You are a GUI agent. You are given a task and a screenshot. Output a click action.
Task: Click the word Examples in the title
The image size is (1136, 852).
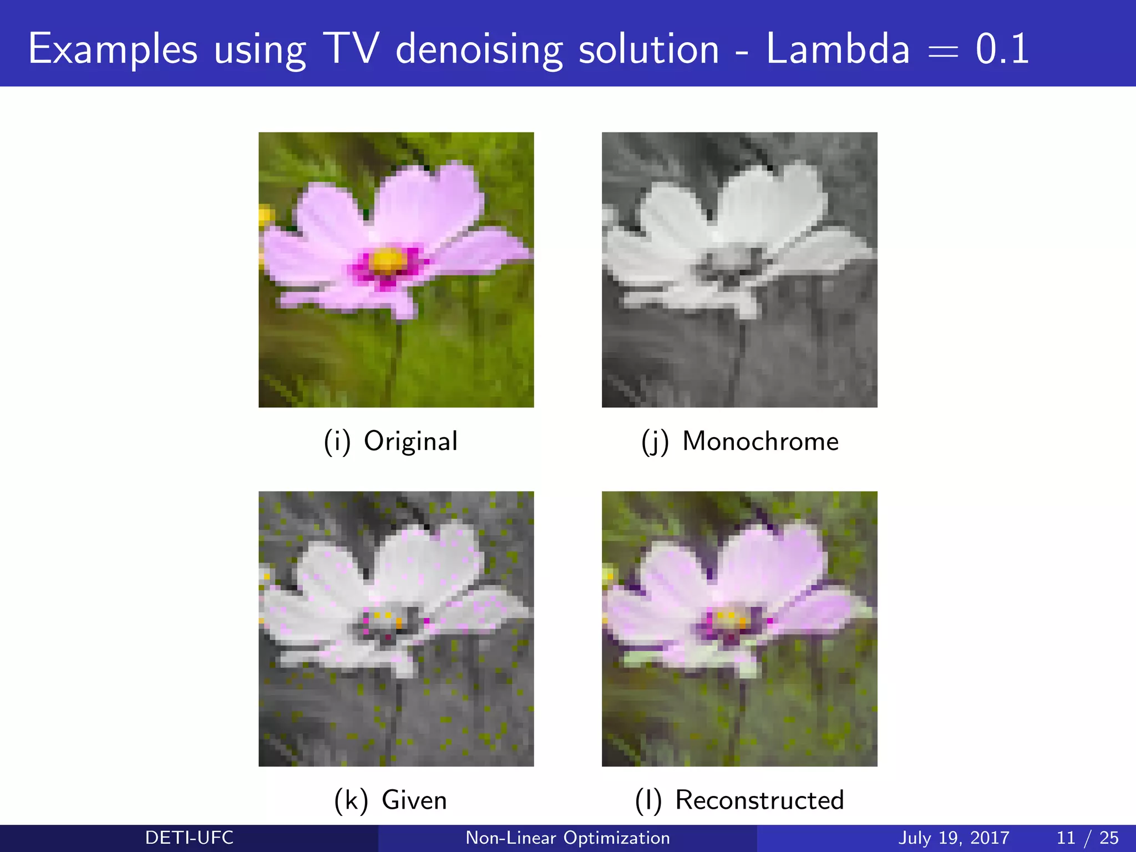coord(113,49)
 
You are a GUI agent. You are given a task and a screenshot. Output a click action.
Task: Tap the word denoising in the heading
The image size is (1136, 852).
coord(479,49)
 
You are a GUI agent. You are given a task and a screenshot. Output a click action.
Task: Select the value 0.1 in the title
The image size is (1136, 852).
coord(1002,49)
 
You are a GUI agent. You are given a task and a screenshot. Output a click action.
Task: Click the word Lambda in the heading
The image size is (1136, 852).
coord(838,49)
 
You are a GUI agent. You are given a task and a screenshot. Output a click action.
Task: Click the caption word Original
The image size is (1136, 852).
coord(410,442)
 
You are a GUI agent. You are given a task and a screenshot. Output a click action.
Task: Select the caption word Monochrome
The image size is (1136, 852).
coord(760,442)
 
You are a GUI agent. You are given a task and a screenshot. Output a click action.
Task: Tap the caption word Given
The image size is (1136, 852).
coord(414,800)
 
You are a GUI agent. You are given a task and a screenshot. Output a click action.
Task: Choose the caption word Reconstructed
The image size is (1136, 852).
coord(759,800)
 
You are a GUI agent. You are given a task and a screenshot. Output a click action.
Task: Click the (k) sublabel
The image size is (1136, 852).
coord(351,800)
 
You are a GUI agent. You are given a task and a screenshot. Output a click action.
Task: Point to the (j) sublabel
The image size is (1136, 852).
coord(655,442)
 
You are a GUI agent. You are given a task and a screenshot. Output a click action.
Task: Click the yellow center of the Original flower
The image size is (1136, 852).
coord(387,261)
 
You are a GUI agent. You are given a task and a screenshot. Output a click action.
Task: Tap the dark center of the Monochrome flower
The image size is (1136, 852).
coord(731,261)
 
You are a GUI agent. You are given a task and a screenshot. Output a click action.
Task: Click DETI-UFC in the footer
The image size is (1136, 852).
coord(189,838)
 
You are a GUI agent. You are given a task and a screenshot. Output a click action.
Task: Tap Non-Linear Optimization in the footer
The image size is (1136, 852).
coord(567,838)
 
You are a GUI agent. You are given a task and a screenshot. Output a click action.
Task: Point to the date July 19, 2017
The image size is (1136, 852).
coord(954,838)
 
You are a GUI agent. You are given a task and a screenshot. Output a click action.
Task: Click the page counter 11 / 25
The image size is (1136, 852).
coord(1087,838)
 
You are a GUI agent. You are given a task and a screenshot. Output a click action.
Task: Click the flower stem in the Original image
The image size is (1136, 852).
coord(395,361)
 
